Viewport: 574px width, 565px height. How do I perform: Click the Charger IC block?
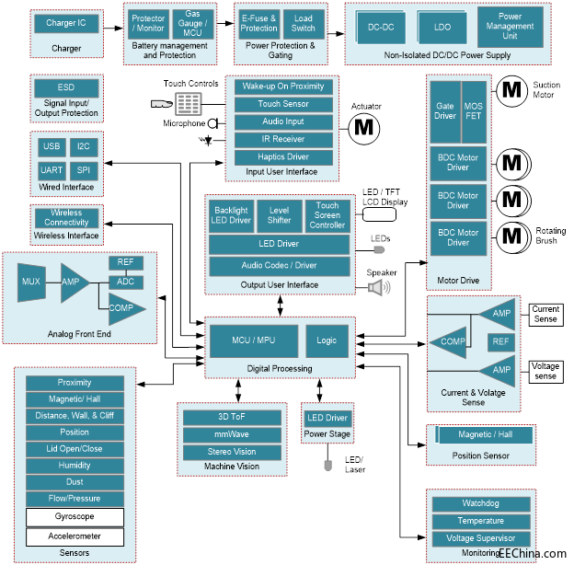67,23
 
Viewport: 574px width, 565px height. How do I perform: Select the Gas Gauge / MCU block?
192,23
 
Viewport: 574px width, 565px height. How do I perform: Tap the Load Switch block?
303,22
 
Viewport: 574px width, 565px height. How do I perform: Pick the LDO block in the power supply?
441,28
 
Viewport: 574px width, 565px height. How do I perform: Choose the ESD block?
67,88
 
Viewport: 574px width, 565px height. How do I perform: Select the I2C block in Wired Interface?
84,145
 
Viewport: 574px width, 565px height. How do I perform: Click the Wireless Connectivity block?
67,217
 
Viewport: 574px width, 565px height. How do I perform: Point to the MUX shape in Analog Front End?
31,282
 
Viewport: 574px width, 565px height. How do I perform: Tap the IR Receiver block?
282,139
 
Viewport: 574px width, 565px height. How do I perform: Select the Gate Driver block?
445,111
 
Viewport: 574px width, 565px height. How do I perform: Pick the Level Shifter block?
279,213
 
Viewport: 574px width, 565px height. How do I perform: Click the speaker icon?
378,287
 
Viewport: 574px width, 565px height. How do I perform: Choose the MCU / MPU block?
253,340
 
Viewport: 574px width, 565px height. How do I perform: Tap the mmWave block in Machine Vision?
231,434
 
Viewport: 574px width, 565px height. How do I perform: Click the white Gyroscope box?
75,516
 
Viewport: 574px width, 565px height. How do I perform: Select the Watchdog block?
481,503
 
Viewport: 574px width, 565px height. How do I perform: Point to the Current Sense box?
545,314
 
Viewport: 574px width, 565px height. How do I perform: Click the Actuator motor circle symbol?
365,125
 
